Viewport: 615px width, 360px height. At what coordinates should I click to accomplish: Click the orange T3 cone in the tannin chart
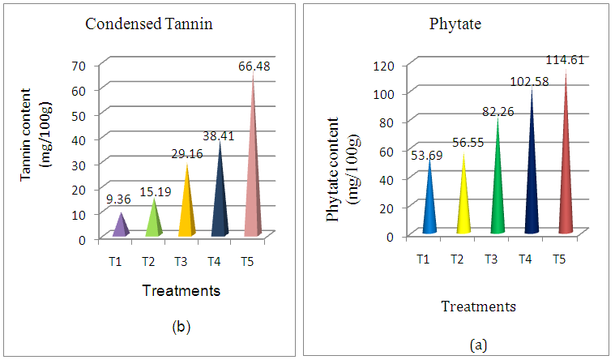tap(187, 207)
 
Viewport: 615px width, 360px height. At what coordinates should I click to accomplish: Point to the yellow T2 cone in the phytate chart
tap(463, 199)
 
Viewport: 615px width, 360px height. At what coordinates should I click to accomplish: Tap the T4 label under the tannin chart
tap(213, 262)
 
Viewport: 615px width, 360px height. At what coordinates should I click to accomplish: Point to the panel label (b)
tap(182, 328)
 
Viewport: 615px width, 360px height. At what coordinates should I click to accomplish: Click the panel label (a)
tap(479, 345)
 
